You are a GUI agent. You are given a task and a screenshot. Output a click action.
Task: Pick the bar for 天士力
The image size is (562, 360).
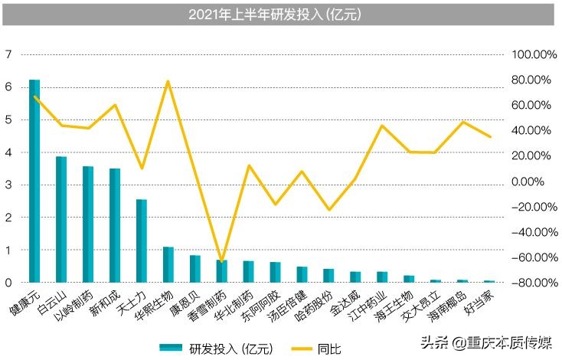click(x=142, y=241)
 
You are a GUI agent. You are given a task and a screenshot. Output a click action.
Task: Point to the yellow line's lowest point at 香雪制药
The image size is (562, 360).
click(x=222, y=262)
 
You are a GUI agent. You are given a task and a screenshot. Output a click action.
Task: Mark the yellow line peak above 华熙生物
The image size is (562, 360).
click(x=168, y=81)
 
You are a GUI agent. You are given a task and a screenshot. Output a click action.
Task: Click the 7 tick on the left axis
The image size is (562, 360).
click(x=8, y=54)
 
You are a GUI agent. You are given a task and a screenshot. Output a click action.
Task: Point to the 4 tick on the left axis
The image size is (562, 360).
click(x=8, y=152)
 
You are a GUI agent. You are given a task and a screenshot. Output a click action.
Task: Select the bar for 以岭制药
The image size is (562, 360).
click(x=88, y=224)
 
